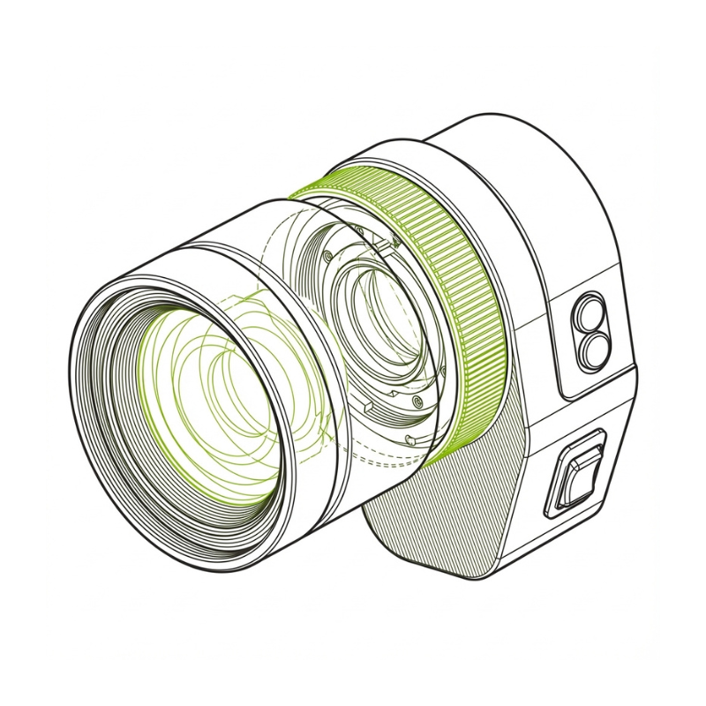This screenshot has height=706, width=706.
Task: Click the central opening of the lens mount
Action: [x=384, y=327]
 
